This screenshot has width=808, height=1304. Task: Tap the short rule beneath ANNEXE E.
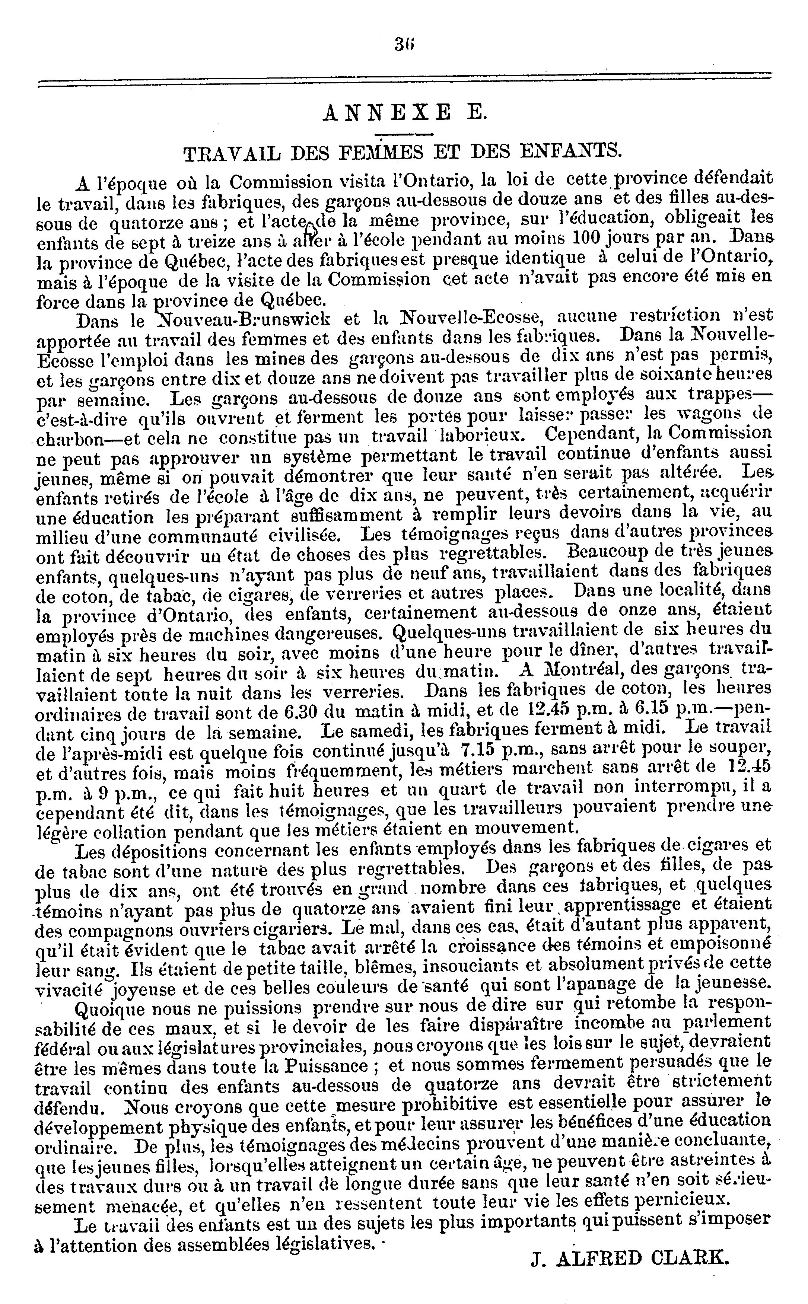pyautogui.click(x=404, y=134)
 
